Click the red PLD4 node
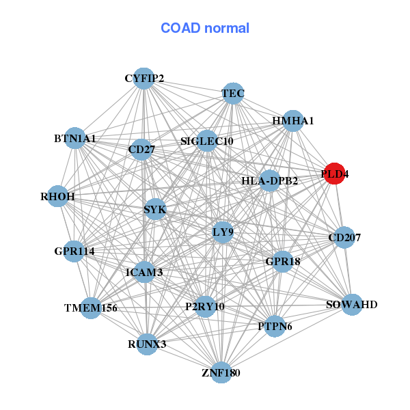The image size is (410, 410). (x=334, y=174)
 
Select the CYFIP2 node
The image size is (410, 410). (x=143, y=78)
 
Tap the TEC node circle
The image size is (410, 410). (x=233, y=94)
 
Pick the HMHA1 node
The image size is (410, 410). (x=292, y=121)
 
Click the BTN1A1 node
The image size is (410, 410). (x=74, y=139)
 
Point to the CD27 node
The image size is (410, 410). (x=141, y=150)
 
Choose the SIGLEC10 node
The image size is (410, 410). (x=206, y=141)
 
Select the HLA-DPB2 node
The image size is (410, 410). (x=270, y=181)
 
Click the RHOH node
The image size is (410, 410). (x=58, y=197)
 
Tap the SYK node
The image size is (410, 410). (x=155, y=209)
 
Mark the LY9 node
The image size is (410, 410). (x=223, y=232)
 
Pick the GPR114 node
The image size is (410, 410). (x=74, y=251)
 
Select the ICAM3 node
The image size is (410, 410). (x=144, y=273)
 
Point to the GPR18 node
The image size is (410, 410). (x=283, y=261)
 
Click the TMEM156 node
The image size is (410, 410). (x=90, y=308)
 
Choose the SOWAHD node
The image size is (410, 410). (x=351, y=304)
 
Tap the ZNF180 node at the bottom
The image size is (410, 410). (x=221, y=372)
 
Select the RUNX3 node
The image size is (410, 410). (x=147, y=344)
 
